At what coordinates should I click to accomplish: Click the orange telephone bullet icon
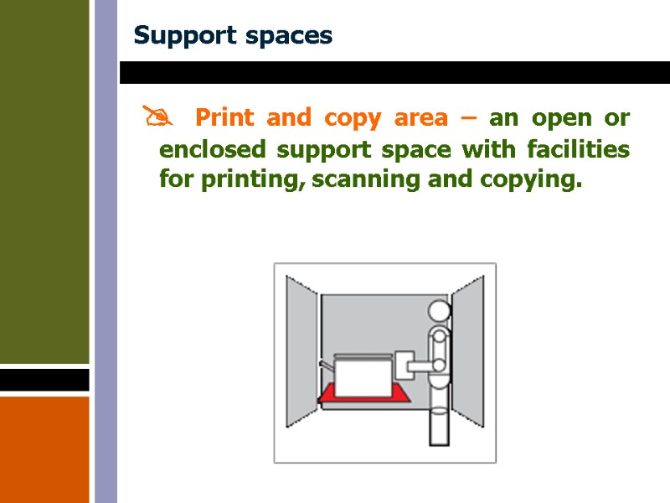[156, 118]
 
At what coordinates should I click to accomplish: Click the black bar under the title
[394, 73]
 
